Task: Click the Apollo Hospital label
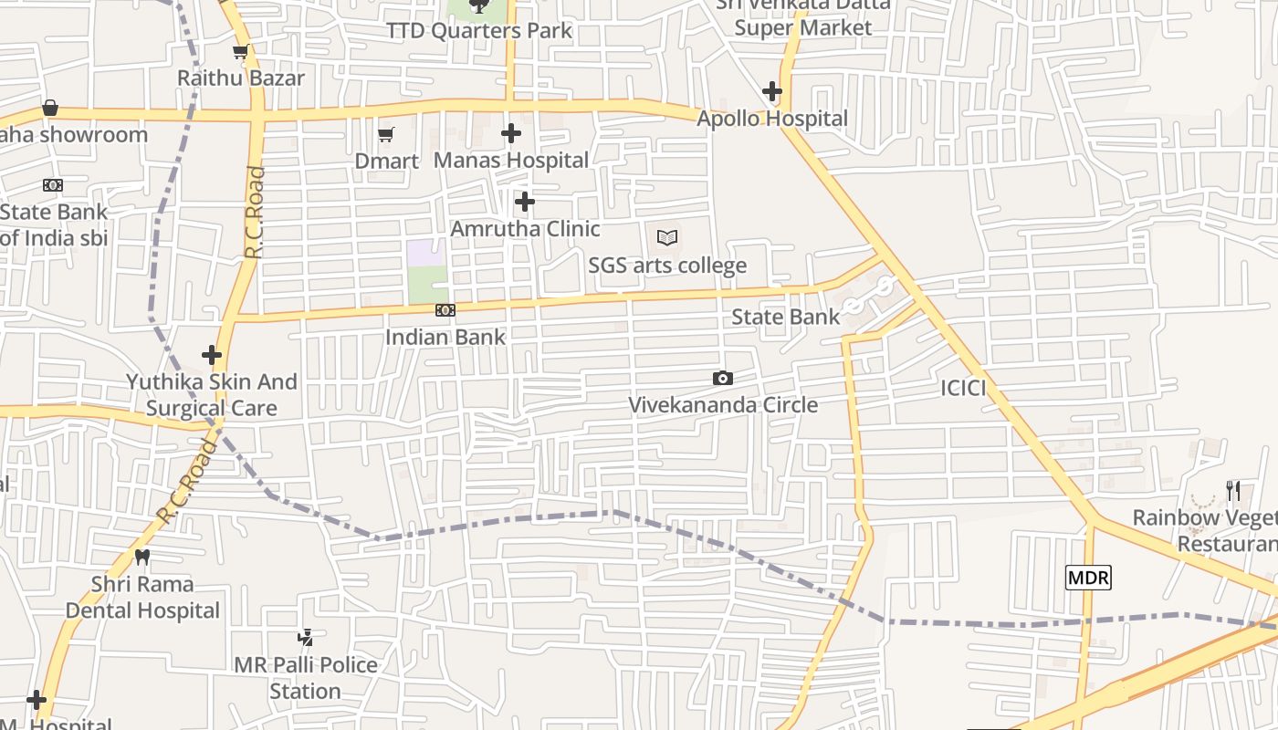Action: [772, 119]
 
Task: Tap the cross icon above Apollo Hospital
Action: [772, 91]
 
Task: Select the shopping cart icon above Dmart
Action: [386, 134]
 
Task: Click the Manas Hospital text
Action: [511, 161]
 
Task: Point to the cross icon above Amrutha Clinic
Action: [525, 202]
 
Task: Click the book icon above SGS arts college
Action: [667, 238]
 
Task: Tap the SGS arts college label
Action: [667, 266]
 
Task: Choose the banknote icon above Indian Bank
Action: [445, 310]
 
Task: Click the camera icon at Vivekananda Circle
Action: [723, 378]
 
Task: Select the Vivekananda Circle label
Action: [723, 405]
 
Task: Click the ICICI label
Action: [964, 389]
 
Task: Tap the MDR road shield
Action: [1088, 578]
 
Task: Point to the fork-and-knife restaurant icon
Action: [1233, 491]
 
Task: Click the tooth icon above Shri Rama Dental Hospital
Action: [142, 556]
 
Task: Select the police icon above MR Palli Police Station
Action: [306, 637]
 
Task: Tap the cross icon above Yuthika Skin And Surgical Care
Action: [212, 354]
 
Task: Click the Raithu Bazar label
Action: [241, 78]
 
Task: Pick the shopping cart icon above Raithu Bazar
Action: [240, 52]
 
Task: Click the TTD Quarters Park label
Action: [479, 31]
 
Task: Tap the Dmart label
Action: [387, 162]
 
